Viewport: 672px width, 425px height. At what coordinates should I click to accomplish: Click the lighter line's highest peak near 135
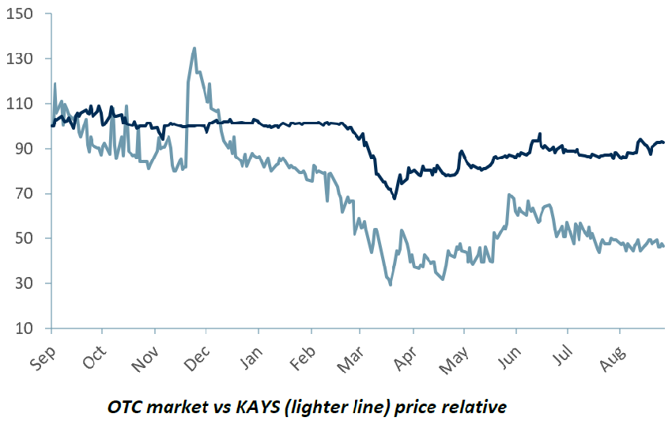[194, 48]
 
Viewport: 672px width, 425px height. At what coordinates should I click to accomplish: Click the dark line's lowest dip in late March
[395, 198]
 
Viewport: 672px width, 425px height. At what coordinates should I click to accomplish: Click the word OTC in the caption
[122, 408]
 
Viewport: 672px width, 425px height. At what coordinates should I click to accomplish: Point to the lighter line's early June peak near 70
[508, 195]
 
